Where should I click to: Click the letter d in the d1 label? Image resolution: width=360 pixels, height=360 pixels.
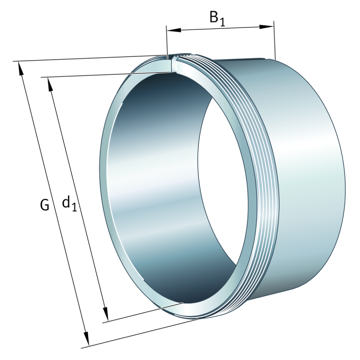coord(66,202)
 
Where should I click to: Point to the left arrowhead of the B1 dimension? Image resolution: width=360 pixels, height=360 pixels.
coord(173,30)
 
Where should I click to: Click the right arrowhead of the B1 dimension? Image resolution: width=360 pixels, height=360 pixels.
coord(267,27)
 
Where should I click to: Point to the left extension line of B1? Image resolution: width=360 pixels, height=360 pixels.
coord(166,43)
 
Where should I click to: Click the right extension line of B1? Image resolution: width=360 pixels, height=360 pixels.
coord(274,40)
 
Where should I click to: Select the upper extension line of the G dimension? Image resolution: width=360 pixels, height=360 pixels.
coord(90,58)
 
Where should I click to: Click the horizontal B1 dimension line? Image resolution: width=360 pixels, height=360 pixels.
coord(220,28)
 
